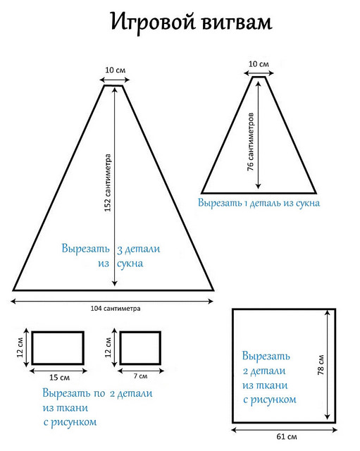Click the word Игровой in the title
coord(152,23)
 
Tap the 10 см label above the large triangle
coord(115,70)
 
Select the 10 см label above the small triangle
coord(259,64)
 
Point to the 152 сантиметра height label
coord(108,183)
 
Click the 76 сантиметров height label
coord(251,142)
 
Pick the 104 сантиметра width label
coord(116,309)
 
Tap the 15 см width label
coord(59,377)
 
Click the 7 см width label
coord(140,376)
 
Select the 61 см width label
coord(287,436)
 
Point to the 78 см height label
coord(321,365)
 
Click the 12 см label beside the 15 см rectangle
coord(20,347)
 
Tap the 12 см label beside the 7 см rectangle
coord(108,347)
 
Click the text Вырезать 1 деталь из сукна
coord(259,203)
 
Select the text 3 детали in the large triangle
coord(138,249)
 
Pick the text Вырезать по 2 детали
coord(97,393)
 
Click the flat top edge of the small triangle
coord(259,77)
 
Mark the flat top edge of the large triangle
coord(113,85)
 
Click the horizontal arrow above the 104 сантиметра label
coord(112,301)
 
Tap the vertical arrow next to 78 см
coord(328,365)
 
